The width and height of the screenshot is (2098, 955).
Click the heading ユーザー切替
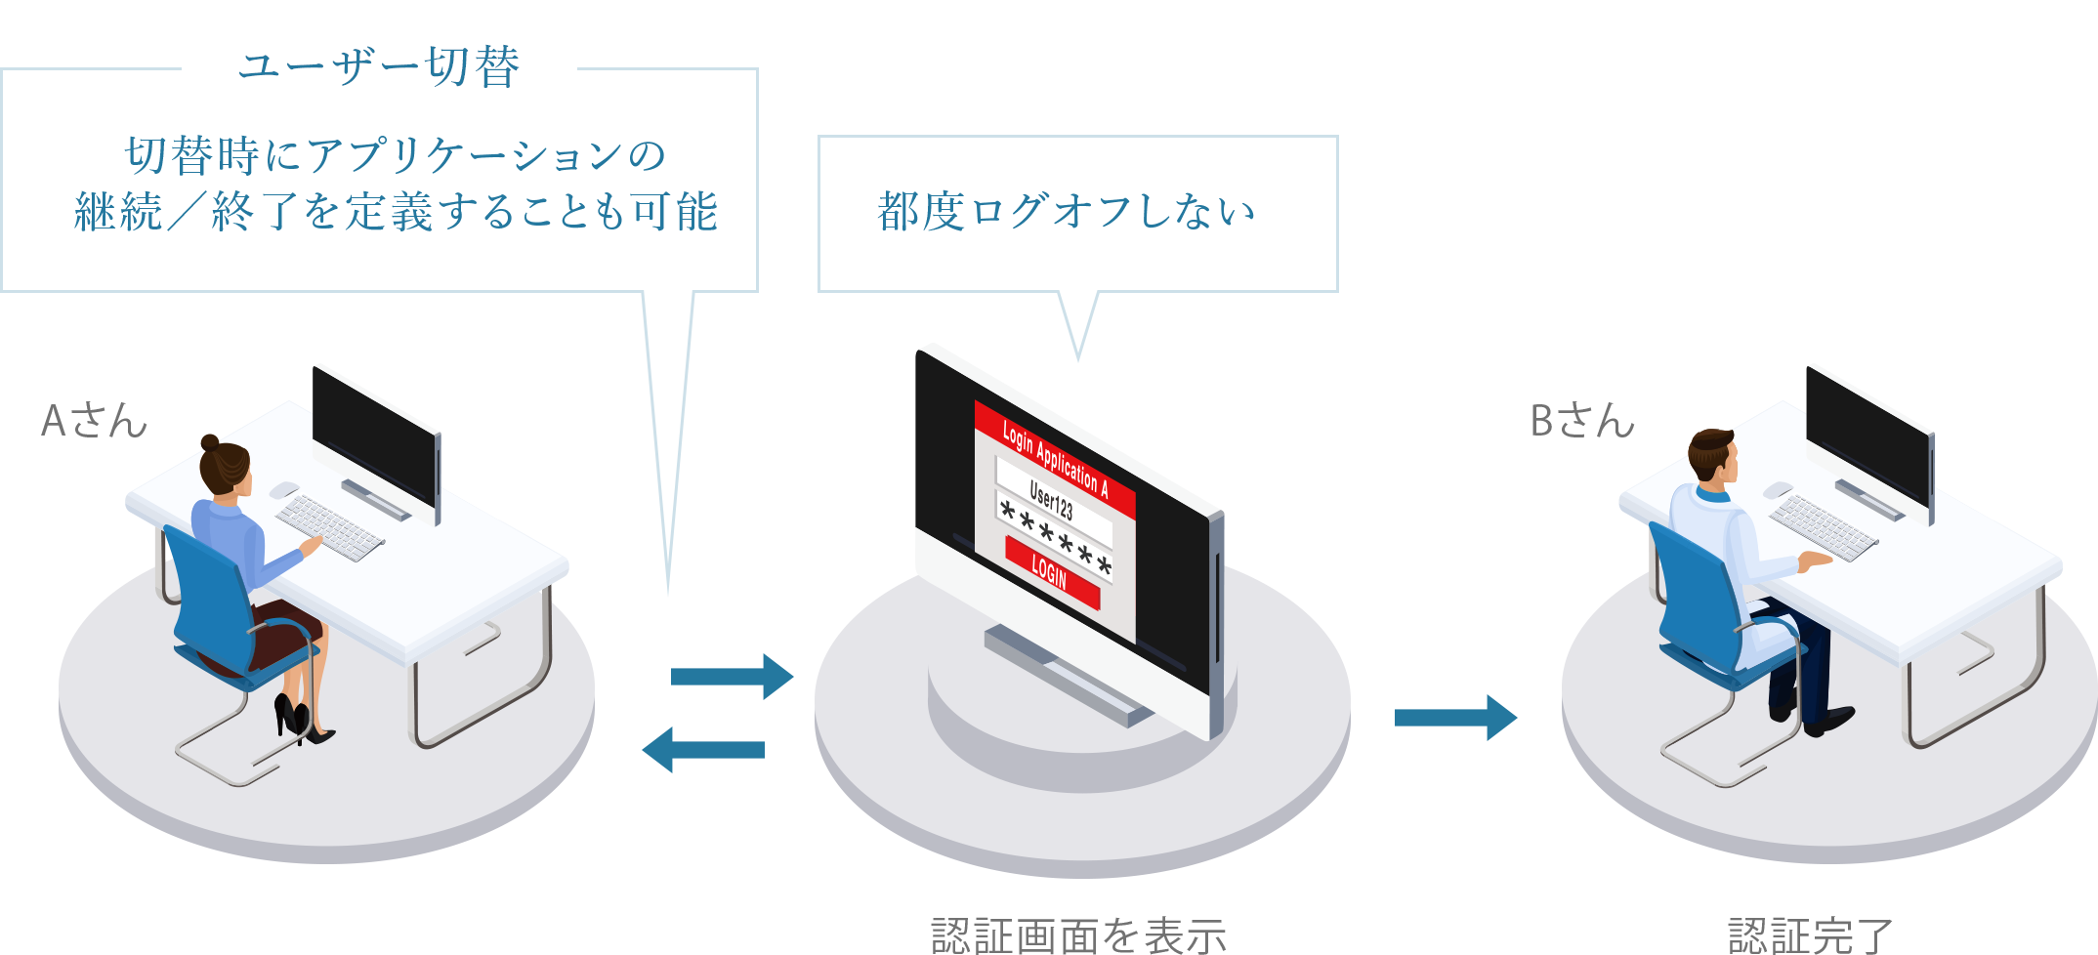[379, 68]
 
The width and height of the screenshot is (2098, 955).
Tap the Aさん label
[94, 421]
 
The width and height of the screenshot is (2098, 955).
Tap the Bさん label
[1582, 421]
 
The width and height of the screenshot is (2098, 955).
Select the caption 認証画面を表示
[1078, 934]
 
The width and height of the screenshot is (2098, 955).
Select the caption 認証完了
[1810, 934]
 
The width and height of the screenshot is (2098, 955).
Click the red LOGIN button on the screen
[1051, 572]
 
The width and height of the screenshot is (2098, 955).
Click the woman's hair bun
[210, 442]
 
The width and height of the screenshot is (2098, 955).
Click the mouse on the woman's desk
[284, 489]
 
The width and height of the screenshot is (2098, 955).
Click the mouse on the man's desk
[1778, 489]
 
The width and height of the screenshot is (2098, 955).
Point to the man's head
[1714, 454]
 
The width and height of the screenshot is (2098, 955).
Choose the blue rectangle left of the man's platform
[1455, 718]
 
